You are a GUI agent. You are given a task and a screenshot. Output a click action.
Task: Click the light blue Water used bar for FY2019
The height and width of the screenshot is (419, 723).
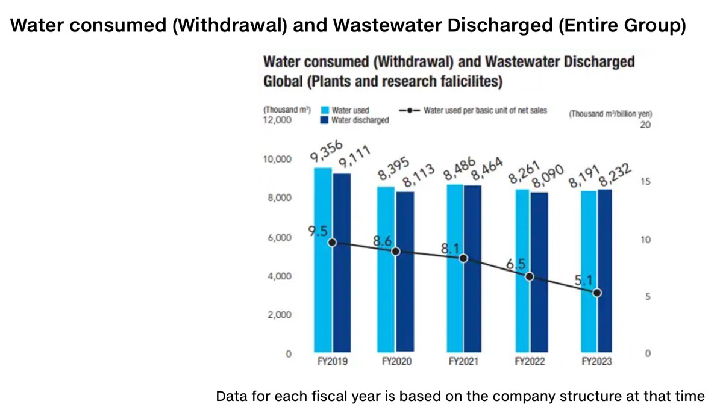[322, 271]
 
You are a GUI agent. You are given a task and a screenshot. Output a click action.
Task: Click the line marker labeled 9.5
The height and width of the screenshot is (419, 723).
[331, 242]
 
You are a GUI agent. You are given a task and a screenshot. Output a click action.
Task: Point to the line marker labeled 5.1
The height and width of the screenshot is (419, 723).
[596, 293]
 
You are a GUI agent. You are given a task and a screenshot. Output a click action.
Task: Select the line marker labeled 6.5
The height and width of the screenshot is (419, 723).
[530, 276]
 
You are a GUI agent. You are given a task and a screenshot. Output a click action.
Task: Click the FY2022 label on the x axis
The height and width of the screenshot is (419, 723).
[530, 362]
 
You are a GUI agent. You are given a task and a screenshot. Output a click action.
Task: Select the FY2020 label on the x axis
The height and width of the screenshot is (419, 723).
[396, 362]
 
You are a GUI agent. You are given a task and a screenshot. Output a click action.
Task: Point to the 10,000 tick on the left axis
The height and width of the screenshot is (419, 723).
[278, 160]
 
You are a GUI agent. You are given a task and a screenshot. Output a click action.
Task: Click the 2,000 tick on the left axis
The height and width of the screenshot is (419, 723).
[280, 315]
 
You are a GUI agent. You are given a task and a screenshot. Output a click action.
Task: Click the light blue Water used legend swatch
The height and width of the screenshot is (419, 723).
[323, 111]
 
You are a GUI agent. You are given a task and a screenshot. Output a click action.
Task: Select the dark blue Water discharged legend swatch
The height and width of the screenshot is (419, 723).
[323, 120]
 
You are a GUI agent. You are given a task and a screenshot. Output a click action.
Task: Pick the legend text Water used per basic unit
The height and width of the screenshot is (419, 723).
[485, 111]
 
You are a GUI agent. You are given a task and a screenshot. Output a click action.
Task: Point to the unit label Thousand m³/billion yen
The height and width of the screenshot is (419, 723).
[610, 114]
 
